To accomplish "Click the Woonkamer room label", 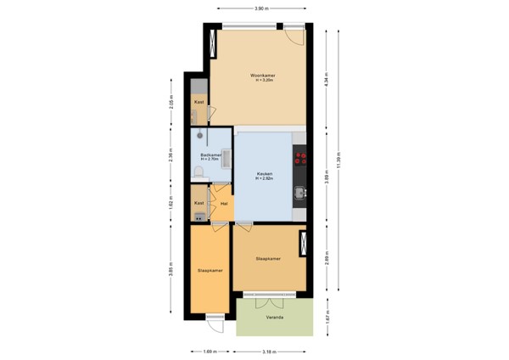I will click(262, 76).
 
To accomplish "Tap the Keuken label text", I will click(265, 174).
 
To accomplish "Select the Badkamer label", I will click(210, 155).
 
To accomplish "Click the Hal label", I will click(223, 204).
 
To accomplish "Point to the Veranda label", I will click(272, 318).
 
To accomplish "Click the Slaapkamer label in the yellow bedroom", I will click(210, 270).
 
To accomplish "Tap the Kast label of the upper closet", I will click(199, 102).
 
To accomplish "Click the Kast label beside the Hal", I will click(199, 204).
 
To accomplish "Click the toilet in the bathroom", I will click(198, 173).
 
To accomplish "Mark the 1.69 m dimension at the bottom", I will click(210, 351).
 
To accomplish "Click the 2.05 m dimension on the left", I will click(171, 103).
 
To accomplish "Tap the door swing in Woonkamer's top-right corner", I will click(294, 38).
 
